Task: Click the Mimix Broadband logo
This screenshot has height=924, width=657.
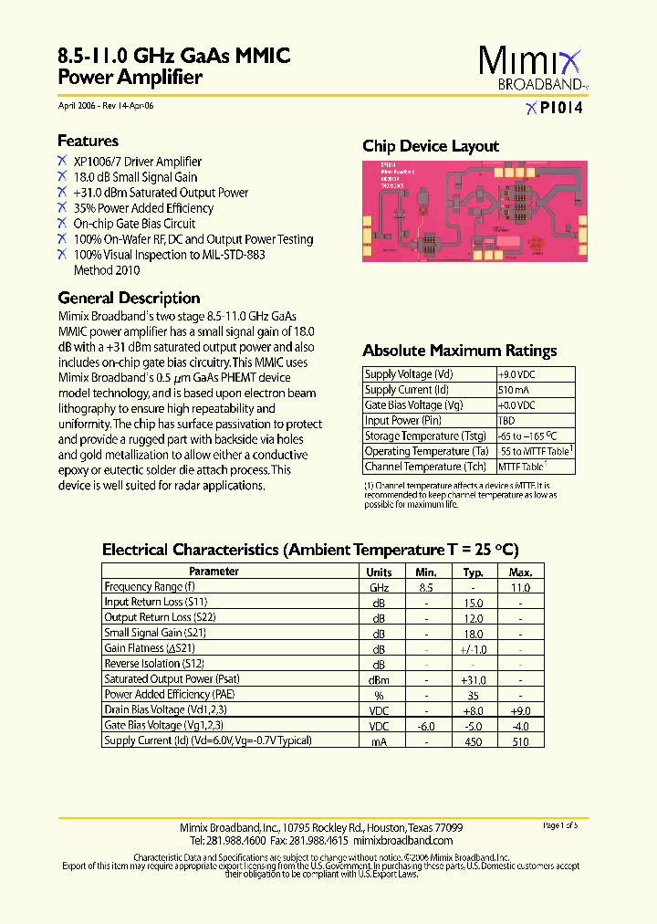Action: coord(529,69)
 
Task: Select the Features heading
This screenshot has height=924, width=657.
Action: coord(88,141)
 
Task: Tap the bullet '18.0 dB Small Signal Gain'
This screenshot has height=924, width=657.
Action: coord(135,177)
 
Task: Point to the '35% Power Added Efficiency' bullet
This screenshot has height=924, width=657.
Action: coord(143,208)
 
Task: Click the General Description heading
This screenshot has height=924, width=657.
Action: coord(129,298)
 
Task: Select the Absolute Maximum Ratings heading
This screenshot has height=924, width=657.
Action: coord(459,351)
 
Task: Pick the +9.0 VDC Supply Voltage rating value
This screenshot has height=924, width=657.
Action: coord(516,374)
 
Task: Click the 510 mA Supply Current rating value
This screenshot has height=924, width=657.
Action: coord(512,390)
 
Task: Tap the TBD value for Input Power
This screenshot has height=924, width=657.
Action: coord(506,421)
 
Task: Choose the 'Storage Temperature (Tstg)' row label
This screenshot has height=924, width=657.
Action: coord(425,436)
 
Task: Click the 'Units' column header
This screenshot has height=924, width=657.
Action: coord(379,572)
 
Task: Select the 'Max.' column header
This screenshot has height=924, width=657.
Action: coord(520,572)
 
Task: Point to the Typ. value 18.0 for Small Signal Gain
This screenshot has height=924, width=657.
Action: coord(473,634)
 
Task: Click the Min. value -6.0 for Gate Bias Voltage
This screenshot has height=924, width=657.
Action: coord(425,726)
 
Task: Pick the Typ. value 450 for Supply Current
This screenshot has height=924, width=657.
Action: coord(473,741)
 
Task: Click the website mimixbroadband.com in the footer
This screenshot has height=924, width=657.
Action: coord(402,840)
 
